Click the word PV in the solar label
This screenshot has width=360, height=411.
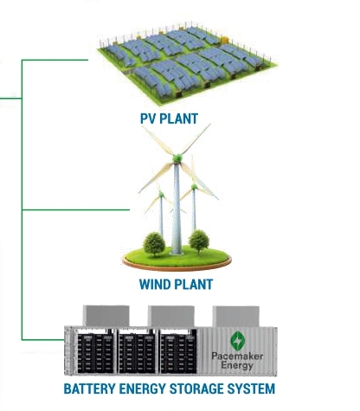tap(148, 119)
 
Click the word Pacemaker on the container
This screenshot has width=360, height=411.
tap(237, 356)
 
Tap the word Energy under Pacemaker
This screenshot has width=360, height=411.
tap(237, 365)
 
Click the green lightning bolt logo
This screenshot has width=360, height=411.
tap(237, 341)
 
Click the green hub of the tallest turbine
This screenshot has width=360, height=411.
tap(177, 158)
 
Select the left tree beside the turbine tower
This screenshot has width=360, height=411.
tap(154, 244)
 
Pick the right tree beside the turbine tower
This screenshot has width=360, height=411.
tap(199, 241)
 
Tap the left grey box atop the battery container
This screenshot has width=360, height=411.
tap(106, 316)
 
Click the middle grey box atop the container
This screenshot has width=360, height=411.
tap(171, 316)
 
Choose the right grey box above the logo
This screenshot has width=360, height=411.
tap(236, 317)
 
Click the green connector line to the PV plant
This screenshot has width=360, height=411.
tap(55, 60)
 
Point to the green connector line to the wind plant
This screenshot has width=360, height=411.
tap(75, 209)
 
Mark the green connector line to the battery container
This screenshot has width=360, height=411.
tap(42, 339)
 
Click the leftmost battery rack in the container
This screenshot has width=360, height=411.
tap(95, 354)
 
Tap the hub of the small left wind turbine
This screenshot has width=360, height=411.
tap(161, 195)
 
